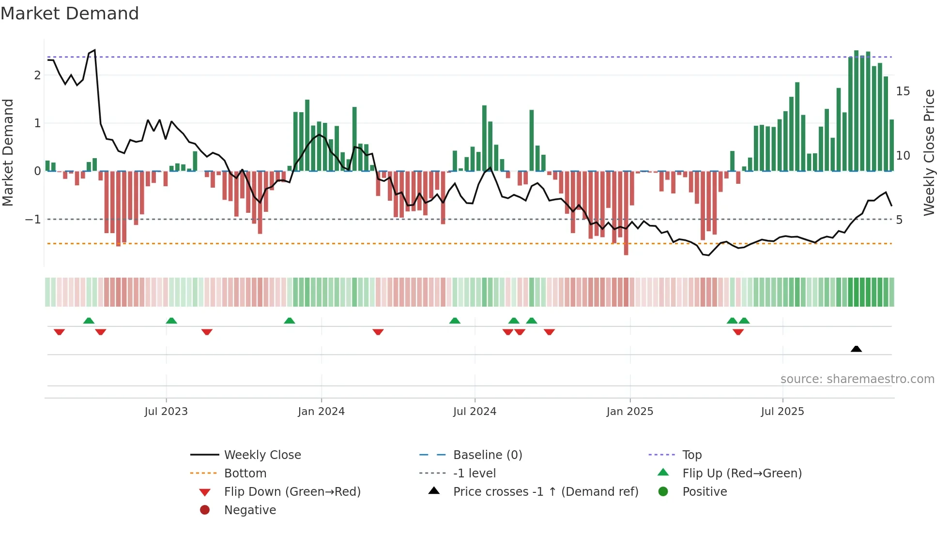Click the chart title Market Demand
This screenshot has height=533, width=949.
click(70, 14)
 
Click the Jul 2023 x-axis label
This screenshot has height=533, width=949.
click(166, 412)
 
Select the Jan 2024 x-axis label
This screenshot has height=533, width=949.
click(321, 412)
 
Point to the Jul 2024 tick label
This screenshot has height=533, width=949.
click(474, 412)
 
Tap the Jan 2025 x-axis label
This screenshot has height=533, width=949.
click(629, 412)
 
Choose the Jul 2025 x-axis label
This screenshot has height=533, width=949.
click(782, 412)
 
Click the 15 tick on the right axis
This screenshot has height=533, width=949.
click(903, 91)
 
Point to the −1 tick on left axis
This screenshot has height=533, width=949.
click(33, 220)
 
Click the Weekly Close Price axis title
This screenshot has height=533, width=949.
click(929, 152)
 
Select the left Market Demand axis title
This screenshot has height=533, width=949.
click(8, 152)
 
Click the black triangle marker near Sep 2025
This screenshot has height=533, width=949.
click(856, 349)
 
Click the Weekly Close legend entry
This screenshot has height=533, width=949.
click(262, 455)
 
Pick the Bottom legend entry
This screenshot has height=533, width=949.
click(245, 474)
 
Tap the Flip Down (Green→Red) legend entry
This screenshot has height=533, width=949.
click(292, 492)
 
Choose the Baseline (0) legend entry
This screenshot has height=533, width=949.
click(487, 455)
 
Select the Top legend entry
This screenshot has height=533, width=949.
click(691, 455)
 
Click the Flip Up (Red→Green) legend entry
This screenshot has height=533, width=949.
click(742, 474)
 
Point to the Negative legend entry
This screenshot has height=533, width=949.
click(250, 510)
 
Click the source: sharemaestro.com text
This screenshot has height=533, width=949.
click(857, 379)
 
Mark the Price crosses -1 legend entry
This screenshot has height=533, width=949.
click(545, 492)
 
